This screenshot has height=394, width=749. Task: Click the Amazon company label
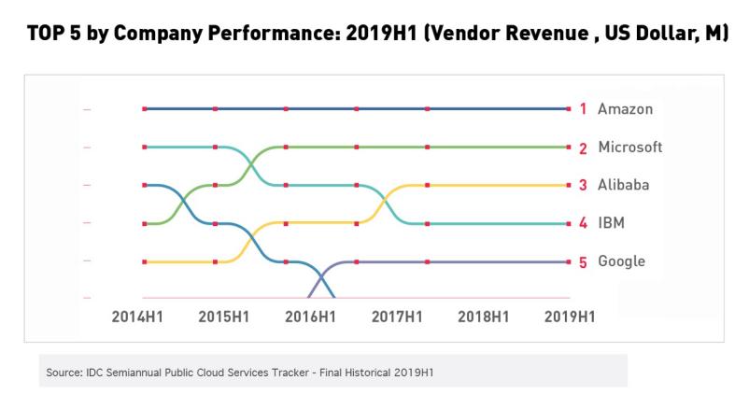[626, 109]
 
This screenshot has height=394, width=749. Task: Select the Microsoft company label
[630, 148]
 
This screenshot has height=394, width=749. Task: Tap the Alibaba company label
[624, 185]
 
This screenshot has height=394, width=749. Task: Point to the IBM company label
[611, 223]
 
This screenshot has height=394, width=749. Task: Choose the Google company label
[621, 261]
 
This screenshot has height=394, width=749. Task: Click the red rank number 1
[583, 109]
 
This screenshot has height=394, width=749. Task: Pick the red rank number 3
[583, 185]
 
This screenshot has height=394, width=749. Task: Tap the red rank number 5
[583, 261]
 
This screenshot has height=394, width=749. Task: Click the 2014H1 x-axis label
[137, 317]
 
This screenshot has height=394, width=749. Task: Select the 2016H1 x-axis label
[310, 317]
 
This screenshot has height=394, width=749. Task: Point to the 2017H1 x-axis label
[397, 317]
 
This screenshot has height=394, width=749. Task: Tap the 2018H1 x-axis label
[484, 317]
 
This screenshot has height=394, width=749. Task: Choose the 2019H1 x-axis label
[570, 317]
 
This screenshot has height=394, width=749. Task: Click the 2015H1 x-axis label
[224, 317]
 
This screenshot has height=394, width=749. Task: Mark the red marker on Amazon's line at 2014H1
[145, 109]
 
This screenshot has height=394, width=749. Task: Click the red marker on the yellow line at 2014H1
[145, 261]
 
